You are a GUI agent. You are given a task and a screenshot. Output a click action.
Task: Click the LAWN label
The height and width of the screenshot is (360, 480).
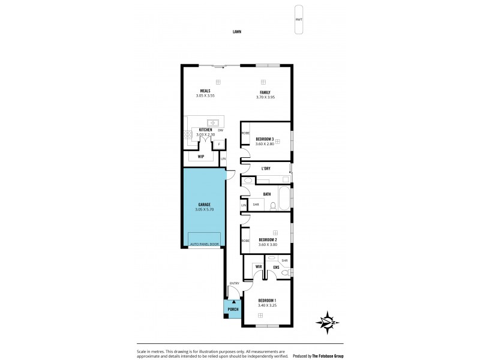point(237,32)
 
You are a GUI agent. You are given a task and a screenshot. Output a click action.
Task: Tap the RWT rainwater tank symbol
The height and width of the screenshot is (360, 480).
point(299,20)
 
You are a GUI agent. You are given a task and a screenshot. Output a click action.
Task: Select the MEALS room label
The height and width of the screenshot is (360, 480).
point(205,90)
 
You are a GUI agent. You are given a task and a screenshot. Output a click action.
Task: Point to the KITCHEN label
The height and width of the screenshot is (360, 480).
point(205,130)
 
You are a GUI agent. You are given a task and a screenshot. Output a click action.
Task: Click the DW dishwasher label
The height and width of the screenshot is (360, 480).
point(221,130)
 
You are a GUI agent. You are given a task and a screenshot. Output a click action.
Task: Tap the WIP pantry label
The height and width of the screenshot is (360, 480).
point(201,157)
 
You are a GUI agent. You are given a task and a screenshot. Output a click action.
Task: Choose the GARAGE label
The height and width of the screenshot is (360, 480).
point(204,205)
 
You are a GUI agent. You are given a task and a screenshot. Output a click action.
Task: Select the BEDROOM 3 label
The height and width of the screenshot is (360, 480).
point(265,139)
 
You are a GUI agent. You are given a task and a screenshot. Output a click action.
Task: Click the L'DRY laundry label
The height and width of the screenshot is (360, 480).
point(266,169)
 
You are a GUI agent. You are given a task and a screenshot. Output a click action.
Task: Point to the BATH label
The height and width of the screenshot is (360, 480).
point(266,194)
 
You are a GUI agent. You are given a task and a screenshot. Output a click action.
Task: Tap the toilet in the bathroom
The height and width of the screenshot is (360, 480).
point(273,206)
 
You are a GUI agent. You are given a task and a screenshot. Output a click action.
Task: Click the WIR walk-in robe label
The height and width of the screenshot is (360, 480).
point(259,266)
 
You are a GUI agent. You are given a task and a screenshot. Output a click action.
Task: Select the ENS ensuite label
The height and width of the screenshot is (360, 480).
point(276,267)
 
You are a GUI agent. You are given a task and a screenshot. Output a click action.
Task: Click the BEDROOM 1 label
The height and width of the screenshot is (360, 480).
point(266,300)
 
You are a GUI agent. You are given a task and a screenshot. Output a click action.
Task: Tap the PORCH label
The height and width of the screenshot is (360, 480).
point(233,310)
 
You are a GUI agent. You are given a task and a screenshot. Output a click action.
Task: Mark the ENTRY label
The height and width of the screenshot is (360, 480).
point(234,284)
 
